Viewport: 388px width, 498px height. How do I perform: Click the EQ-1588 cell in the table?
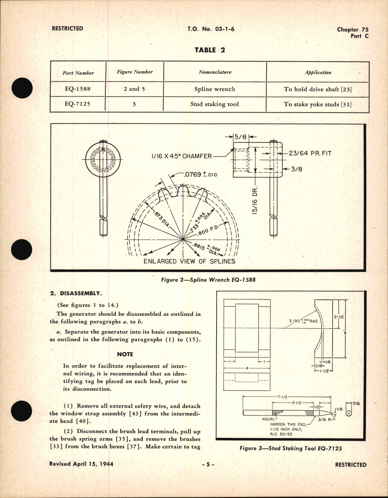coord(78,89)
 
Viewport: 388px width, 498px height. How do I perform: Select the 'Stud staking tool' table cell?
coord(214,104)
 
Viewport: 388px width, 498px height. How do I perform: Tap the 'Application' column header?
coord(318,72)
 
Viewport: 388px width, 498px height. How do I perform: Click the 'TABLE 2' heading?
coord(210,50)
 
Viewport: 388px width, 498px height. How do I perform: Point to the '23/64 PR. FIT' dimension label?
coord(310,153)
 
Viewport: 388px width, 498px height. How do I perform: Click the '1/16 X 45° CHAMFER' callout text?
coord(181,156)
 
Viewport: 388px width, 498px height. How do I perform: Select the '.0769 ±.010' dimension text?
coord(200,174)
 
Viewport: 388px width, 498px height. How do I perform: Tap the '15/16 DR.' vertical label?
coord(255,201)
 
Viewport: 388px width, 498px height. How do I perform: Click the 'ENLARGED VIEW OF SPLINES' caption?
coord(189,261)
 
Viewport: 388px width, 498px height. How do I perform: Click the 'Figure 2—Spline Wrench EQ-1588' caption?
coord(208,280)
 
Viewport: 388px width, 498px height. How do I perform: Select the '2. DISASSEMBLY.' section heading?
coord(76,293)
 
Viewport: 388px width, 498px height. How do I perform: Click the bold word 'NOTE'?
coord(125,354)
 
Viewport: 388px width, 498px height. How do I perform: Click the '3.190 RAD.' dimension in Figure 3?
coord(303,321)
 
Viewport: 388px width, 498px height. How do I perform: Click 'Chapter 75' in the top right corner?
coord(352,30)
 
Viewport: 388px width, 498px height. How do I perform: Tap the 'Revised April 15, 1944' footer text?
coord(81,464)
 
